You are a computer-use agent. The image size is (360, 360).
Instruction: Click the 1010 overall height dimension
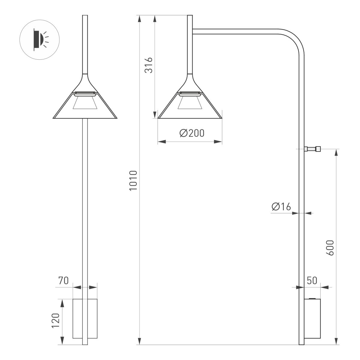tap(133, 181)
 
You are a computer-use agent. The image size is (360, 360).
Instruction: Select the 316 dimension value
tap(149, 65)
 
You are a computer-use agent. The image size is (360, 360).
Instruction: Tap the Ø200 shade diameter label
tap(192, 133)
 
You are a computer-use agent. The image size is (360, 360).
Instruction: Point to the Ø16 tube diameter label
tap(281, 206)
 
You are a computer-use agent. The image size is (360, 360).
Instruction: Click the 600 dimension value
tap(330, 248)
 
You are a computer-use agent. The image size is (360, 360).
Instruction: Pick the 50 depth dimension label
tap(312, 281)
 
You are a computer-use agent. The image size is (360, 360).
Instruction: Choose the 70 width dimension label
tap(63, 281)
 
